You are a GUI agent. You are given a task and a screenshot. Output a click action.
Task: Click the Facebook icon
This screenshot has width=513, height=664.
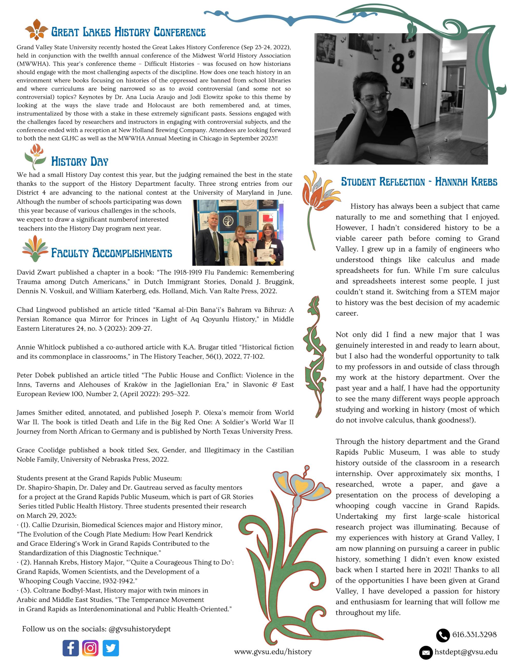tap(71, 648)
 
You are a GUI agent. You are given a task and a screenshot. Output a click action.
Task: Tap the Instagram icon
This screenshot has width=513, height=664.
tap(90, 648)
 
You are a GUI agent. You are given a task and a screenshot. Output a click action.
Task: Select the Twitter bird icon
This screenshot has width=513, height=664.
tap(111, 648)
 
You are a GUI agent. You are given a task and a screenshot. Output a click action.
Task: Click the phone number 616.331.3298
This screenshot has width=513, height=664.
tap(474, 634)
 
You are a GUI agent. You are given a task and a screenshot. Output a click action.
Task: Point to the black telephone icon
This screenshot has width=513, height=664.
tap(443, 635)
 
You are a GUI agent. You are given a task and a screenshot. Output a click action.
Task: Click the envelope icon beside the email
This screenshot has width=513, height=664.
tap(426, 652)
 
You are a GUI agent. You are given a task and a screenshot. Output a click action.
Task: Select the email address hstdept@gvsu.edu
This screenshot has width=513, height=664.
tap(466, 652)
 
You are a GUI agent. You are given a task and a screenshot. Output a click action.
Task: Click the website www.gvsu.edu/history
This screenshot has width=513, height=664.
tap(273, 651)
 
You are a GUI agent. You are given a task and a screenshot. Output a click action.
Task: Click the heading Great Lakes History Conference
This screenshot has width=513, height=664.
tap(128, 32)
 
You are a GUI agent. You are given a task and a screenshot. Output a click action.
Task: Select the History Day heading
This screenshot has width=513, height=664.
tap(80, 161)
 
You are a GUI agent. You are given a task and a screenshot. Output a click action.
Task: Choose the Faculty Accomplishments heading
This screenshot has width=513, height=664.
tap(112, 253)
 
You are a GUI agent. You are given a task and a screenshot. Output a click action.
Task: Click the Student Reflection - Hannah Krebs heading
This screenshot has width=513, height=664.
tap(419, 182)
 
